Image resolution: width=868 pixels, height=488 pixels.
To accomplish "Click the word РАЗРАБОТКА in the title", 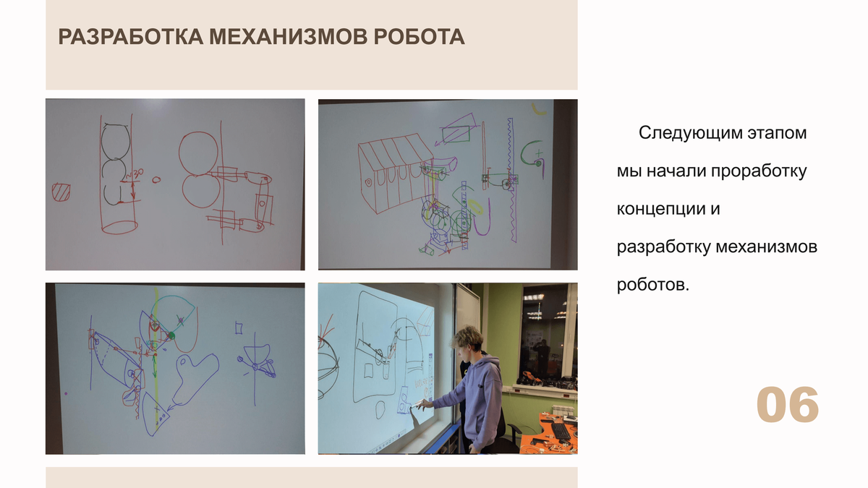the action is [x=131, y=37].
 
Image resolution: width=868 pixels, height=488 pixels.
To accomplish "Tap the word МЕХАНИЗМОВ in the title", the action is [x=289, y=37].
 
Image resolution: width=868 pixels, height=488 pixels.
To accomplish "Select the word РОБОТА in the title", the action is [x=419, y=37].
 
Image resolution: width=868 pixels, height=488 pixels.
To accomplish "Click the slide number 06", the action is [x=788, y=405].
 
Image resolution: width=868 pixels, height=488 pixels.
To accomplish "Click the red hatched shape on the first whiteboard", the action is [x=61, y=192].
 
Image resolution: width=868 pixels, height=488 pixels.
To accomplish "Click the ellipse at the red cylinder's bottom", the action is [x=120, y=227].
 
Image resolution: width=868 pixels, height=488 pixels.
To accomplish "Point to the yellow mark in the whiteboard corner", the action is [x=538, y=110].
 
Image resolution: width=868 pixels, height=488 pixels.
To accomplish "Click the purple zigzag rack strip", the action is [x=511, y=180].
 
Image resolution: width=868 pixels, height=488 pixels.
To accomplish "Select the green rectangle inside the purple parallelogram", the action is [x=456, y=134].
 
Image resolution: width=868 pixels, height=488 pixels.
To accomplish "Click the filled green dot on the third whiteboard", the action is [x=171, y=335].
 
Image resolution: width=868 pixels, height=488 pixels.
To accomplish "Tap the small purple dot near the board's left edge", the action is [x=66, y=393].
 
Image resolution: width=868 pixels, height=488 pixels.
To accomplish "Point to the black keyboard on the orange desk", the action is [x=560, y=431].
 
